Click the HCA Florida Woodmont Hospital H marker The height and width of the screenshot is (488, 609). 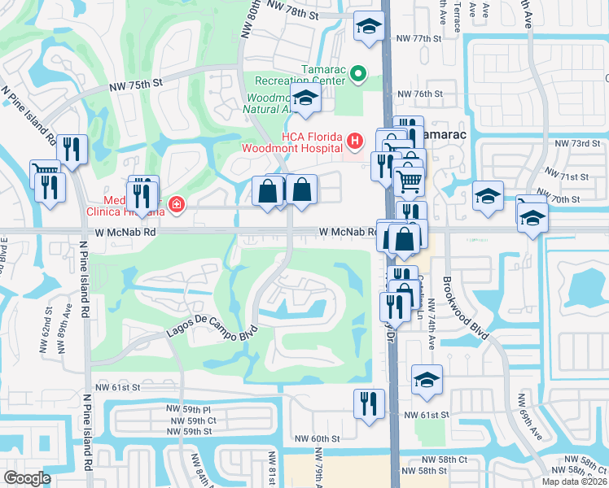pos(354,142)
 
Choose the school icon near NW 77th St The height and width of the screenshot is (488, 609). pos(369,27)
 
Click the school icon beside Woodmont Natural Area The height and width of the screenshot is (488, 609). pos(306,99)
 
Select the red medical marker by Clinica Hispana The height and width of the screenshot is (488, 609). pos(174,203)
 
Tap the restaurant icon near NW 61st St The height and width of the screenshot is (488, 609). pos(369,402)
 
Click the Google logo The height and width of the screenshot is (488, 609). pos(28,478)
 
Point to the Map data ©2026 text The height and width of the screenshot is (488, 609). pos(574,481)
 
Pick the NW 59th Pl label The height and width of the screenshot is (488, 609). pos(188,409)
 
